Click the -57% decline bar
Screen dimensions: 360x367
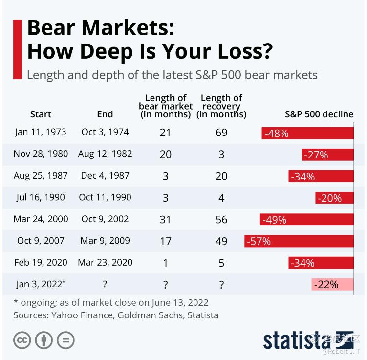click(299, 241)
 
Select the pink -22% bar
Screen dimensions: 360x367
click(332, 284)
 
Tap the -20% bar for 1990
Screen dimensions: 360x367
click(334, 198)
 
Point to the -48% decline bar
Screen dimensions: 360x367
click(307, 133)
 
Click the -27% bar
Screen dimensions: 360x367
click(327, 155)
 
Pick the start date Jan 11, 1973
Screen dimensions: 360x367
click(41, 132)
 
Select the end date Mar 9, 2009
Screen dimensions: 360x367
click(105, 241)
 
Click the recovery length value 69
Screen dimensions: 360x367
click(221, 133)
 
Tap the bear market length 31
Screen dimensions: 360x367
click(166, 220)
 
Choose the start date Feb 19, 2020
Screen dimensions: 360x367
click(41, 262)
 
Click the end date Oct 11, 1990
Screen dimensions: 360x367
click(105, 197)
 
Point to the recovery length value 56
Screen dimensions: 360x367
click(221, 220)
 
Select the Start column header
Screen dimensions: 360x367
click(41, 114)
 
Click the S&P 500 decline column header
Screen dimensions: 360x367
click(319, 114)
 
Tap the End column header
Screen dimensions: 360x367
click(105, 114)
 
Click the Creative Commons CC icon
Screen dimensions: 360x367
click(22, 340)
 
